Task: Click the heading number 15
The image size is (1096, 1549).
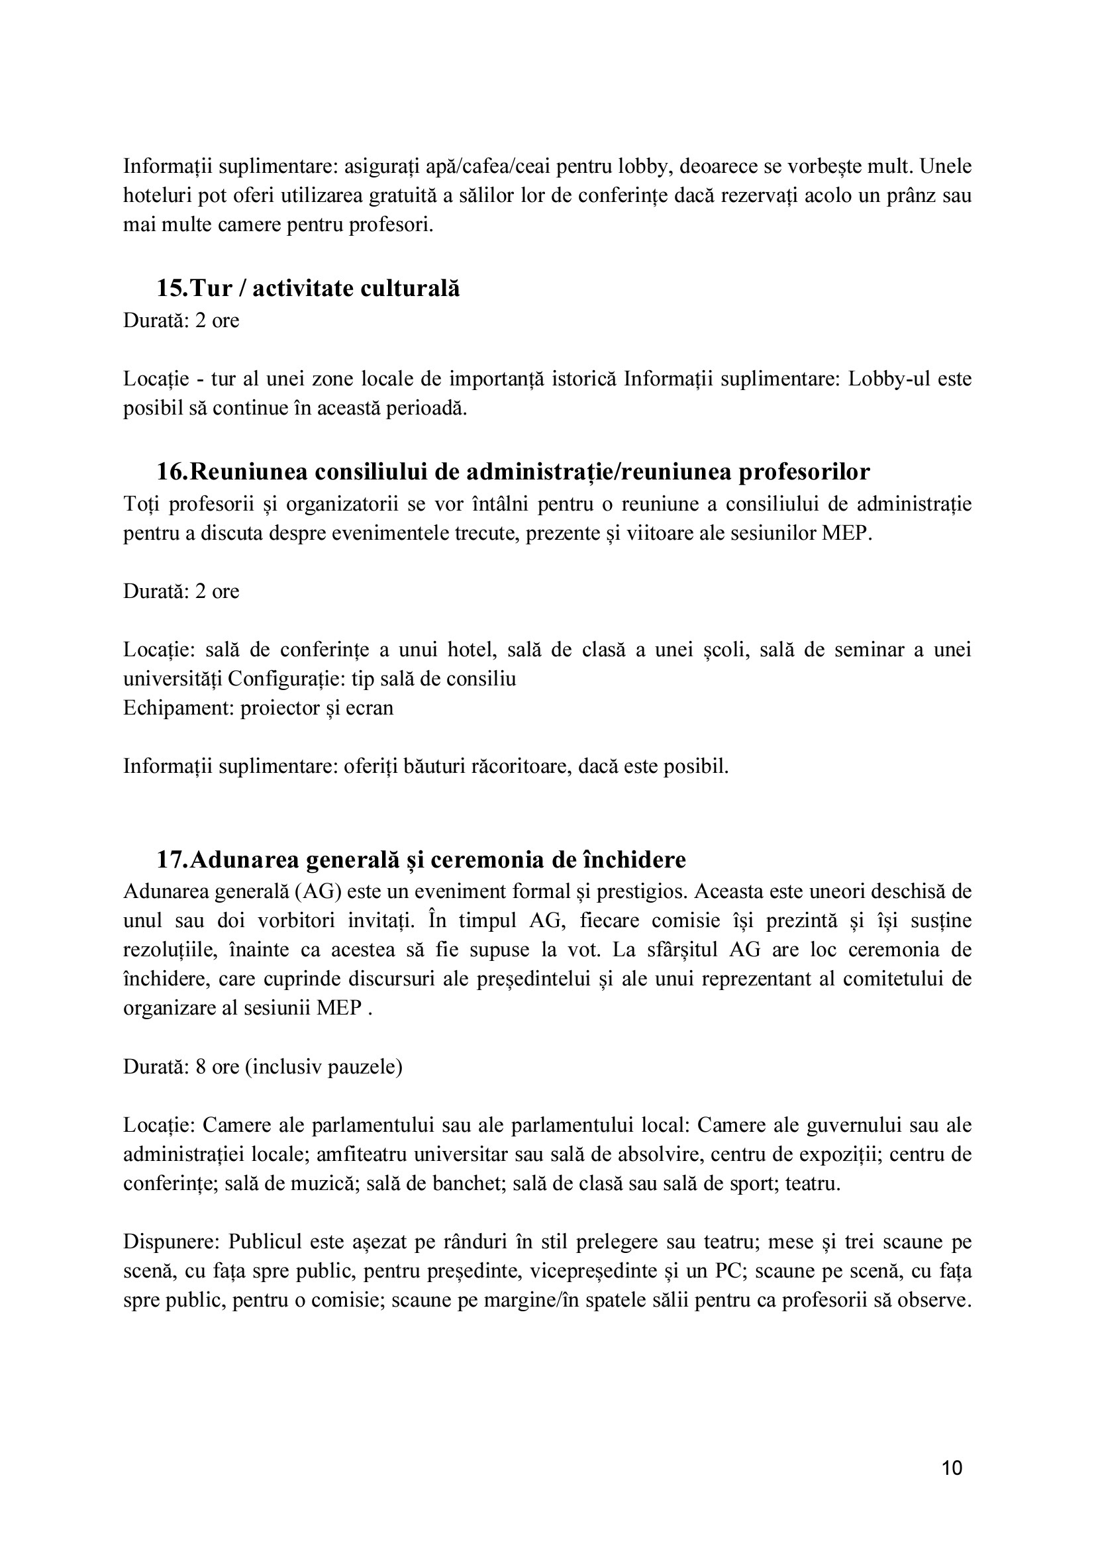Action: pos(172,288)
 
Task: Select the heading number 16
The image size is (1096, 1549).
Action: pos(172,472)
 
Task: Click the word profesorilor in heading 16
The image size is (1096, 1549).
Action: pos(805,472)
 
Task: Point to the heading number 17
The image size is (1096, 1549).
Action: pos(172,860)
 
